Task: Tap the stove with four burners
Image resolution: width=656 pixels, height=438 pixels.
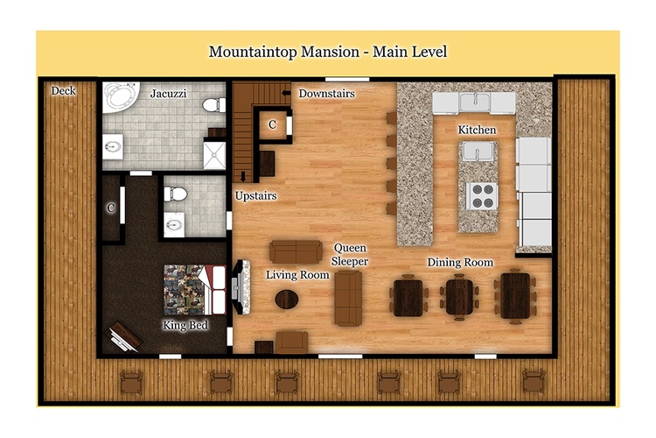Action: click(x=482, y=195)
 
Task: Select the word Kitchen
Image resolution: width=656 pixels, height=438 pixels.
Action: click(x=477, y=130)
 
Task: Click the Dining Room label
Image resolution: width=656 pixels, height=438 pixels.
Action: click(x=460, y=263)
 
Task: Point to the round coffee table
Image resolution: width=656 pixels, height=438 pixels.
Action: click(x=287, y=300)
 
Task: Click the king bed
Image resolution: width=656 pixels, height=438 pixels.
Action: click(x=194, y=289)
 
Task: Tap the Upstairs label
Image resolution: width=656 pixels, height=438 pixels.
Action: click(x=255, y=195)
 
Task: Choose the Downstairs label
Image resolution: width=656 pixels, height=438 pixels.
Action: click(x=326, y=93)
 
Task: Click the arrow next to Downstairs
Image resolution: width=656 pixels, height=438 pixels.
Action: click(x=287, y=93)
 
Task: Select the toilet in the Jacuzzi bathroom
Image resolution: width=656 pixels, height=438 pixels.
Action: click(x=214, y=105)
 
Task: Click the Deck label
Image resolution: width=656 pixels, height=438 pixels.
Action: click(x=63, y=90)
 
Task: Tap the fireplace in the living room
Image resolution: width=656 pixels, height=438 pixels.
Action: click(x=241, y=287)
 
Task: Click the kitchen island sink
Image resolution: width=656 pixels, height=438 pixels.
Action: click(x=477, y=151)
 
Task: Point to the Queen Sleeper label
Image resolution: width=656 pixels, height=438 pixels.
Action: click(x=350, y=254)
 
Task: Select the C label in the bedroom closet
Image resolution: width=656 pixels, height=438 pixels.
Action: click(x=110, y=208)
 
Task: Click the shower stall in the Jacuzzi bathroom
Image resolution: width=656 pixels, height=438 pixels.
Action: click(x=214, y=155)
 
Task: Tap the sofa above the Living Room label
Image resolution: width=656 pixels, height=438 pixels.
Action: click(x=296, y=251)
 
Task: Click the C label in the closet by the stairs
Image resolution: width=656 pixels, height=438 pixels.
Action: click(x=272, y=124)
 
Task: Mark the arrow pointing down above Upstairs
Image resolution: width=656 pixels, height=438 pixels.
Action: click(x=243, y=176)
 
